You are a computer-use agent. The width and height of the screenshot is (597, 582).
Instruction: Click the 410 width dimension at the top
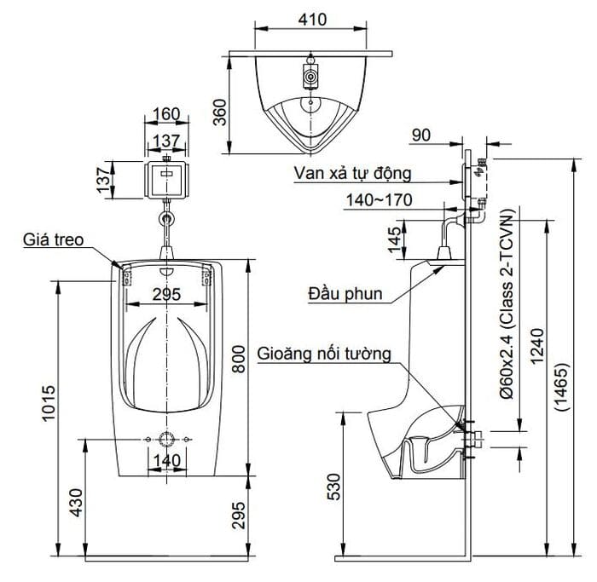coord(312,19)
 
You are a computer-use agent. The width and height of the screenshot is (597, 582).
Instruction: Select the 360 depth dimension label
coord(220,112)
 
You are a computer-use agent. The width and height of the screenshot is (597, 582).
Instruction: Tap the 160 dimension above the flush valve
coord(166,113)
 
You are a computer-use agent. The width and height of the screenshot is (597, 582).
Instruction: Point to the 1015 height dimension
coord(49,403)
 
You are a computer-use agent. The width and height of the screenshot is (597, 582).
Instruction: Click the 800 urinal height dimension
coord(239,359)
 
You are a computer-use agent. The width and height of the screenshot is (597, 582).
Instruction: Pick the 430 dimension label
coord(76,503)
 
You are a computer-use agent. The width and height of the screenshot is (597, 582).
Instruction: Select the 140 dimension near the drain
coord(167,461)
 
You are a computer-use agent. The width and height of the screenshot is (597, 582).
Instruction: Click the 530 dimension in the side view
coord(333,487)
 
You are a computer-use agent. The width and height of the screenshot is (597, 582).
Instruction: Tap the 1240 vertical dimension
coord(537,346)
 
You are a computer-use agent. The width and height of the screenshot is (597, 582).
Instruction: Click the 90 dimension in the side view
coord(421,135)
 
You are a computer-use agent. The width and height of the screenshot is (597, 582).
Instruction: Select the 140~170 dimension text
coord(380,200)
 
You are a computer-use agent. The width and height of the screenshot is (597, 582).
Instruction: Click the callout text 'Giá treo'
coord(53,239)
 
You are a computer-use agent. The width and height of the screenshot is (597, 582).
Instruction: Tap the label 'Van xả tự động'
coord(352,174)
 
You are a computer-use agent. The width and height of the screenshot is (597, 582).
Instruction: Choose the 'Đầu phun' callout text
coord(345,294)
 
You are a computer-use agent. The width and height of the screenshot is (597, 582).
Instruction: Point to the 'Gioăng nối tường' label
coord(324,354)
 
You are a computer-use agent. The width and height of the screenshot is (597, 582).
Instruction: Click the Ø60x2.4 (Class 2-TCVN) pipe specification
coord(507,303)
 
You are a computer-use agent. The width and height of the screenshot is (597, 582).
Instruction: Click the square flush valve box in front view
coord(167,180)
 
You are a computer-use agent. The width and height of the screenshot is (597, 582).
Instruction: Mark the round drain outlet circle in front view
coord(166,440)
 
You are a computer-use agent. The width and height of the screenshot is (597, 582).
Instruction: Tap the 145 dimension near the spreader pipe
coord(395,239)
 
